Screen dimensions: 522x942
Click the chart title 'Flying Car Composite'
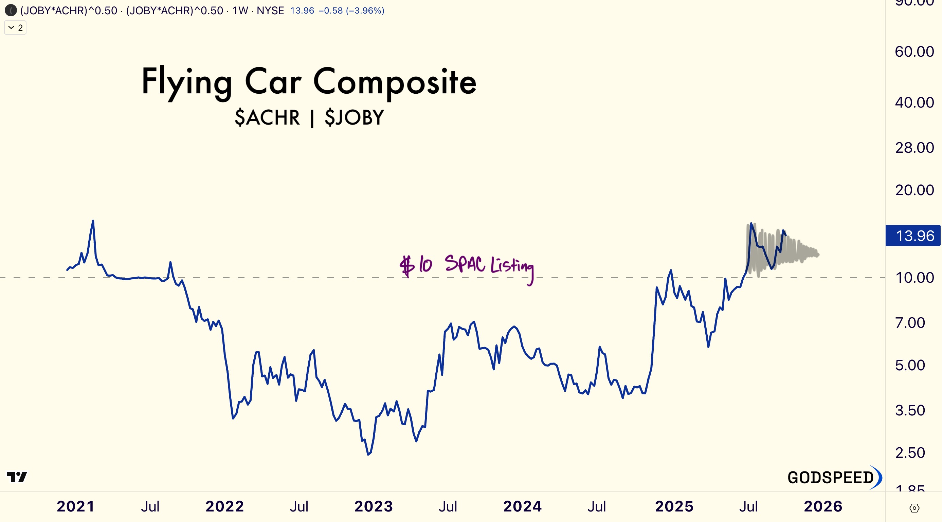(x=309, y=82)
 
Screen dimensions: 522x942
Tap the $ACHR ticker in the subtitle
(x=267, y=118)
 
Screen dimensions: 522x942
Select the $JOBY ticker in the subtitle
(x=354, y=118)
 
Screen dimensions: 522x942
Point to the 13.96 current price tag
(x=914, y=236)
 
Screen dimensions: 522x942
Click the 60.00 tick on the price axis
(x=914, y=52)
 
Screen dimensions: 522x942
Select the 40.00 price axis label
(x=914, y=103)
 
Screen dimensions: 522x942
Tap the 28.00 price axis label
(x=914, y=148)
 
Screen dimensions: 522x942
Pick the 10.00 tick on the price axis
(x=914, y=278)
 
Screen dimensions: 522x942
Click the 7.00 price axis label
(x=910, y=323)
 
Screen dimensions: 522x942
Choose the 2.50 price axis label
(x=910, y=453)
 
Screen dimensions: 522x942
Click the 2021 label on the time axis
(x=76, y=507)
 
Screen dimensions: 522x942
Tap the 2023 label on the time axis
(x=373, y=507)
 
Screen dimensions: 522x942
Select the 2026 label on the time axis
(x=823, y=507)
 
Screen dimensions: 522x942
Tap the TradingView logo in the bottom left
(x=17, y=477)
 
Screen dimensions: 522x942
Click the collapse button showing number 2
(x=15, y=28)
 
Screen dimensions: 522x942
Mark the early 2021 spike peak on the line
(x=93, y=221)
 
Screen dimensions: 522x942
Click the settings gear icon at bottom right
(x=914, y=508)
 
